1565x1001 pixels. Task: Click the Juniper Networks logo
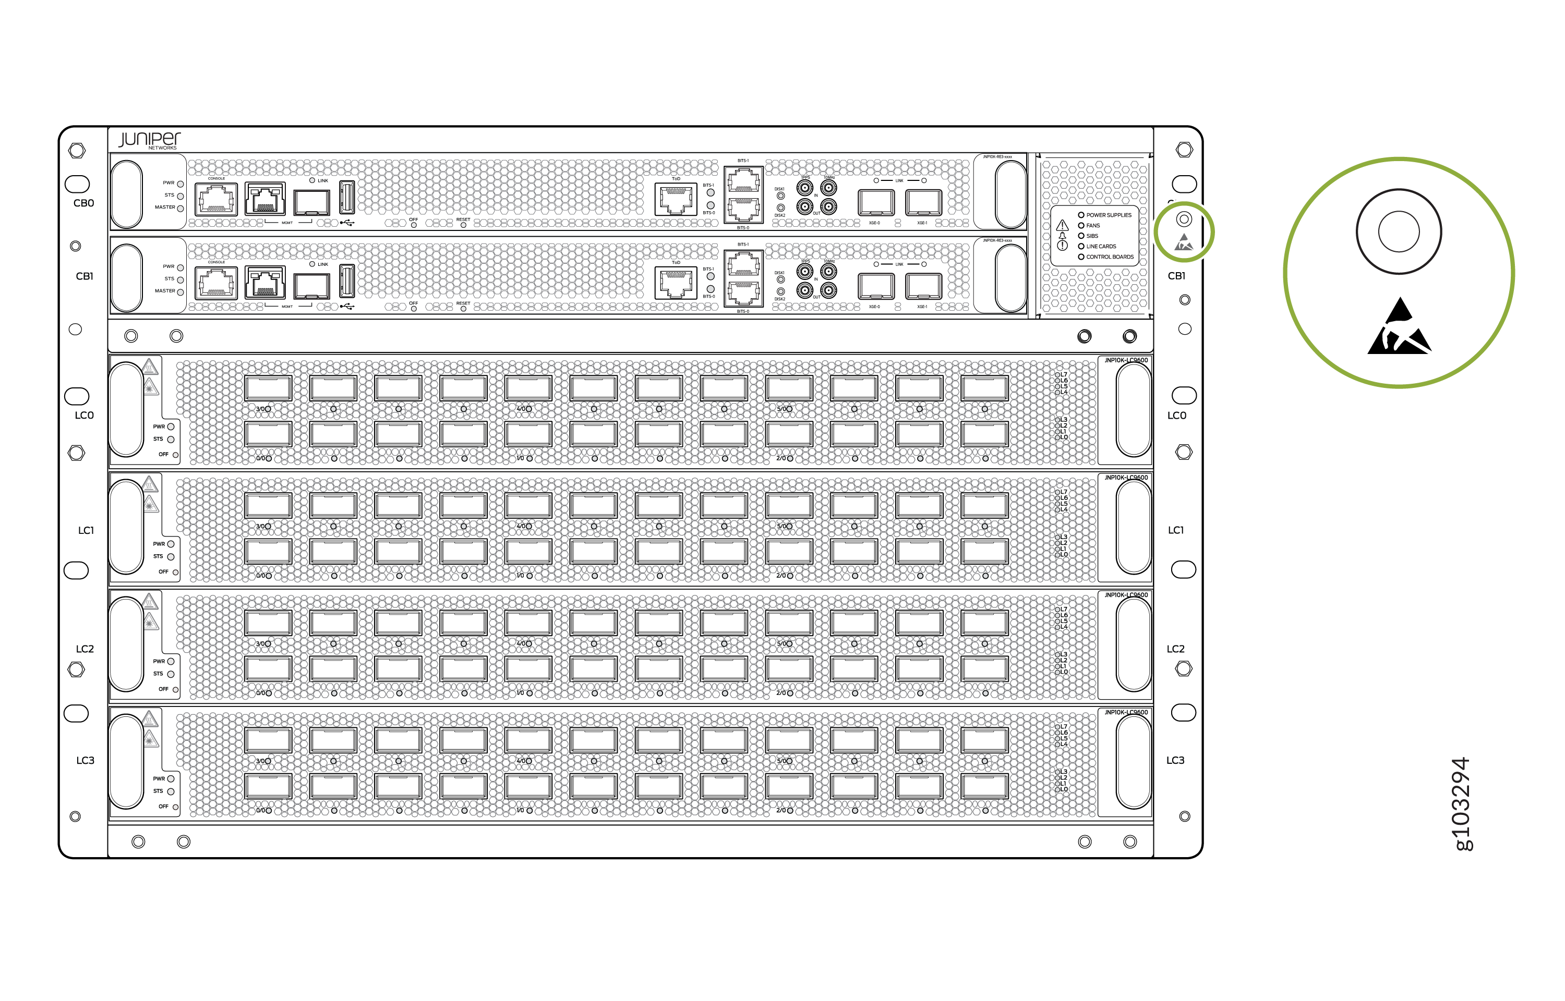[150, 140]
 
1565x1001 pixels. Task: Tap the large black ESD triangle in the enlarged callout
[1399, 329]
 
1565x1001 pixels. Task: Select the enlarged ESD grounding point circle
[1399, 231]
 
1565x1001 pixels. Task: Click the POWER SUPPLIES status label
[1109, 215]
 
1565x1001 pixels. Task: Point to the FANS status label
[1093, 226]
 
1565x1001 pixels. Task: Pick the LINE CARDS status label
[1101, 247]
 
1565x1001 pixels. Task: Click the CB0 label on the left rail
[84, 203]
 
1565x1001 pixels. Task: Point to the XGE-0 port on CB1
[875, 286]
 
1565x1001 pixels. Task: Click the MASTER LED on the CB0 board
[180, 208]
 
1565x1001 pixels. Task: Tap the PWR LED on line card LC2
[171, 662]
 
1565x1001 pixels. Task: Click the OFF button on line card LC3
[175, 807]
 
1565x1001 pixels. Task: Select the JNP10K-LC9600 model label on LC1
[1125, 478]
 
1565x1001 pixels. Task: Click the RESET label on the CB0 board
[463, 219]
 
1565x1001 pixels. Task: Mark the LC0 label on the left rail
[85, 416]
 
